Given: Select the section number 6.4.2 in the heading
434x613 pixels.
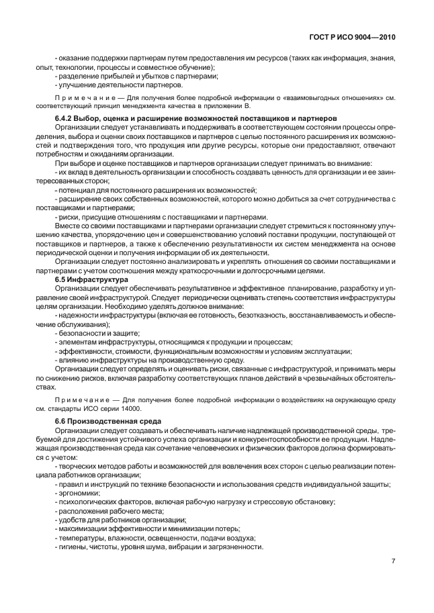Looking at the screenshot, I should [x=65, y=118].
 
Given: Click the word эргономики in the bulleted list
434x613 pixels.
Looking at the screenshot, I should [x=76, y=493].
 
